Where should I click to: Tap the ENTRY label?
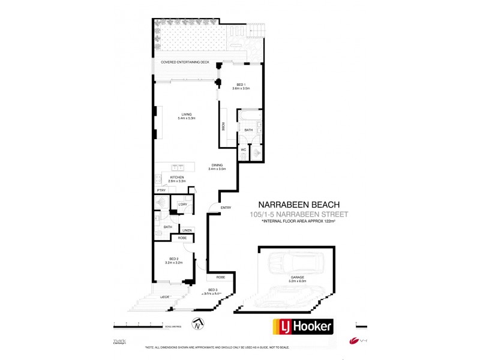(x=226, y=208)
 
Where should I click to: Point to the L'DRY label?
(x=182, y=205)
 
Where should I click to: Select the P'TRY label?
(x=161, y=190)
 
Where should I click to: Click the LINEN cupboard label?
(x=187, y=230)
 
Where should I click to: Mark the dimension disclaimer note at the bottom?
(x=239, y=348)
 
